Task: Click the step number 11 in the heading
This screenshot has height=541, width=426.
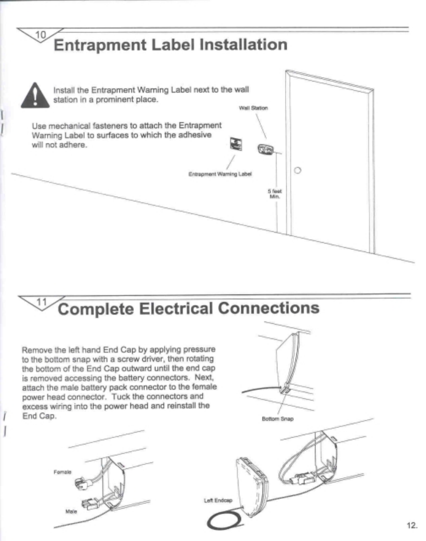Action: tap(41, 302)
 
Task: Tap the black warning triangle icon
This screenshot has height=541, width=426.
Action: tap(35, 95)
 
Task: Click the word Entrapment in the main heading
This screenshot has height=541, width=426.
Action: tap(100, 45)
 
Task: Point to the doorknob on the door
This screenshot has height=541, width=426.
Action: tap(297, 171)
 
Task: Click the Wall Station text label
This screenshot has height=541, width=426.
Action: tap(253, 108)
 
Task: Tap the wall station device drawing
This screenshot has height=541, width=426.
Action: tap(266, 149)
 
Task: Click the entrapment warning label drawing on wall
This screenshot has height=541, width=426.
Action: tap(236, 144)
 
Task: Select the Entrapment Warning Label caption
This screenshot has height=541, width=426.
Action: tap(220, 174)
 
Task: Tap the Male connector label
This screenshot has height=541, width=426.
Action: tap(71, 511)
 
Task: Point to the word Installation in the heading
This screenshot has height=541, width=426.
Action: tap(243, 45)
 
